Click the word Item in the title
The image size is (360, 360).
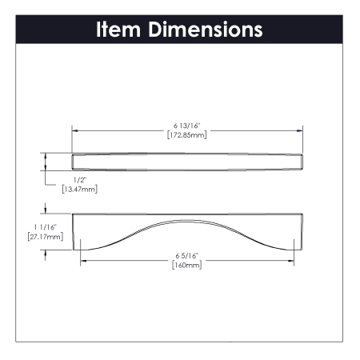pos(118,29)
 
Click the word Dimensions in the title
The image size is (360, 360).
pos(206,29)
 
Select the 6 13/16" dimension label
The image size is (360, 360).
pos(186,126)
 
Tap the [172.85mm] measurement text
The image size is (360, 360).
pos(186,135)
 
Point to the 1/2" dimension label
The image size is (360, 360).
pos(80,180)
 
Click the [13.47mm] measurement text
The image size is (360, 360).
pos(80,190)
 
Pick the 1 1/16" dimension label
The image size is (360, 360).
pos(46,227)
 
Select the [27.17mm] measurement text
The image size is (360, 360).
pos(46,237)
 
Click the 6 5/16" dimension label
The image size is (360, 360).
pos(186,256)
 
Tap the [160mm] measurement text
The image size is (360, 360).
pos(186,266)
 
